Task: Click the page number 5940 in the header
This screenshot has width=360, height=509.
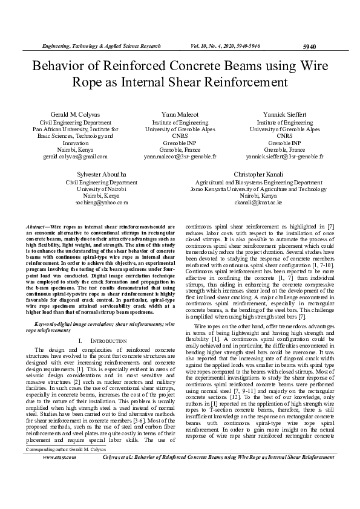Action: (x=309, y=46)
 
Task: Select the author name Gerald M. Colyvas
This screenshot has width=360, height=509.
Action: (x=75, y=114)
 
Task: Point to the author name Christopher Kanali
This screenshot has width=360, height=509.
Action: (x=258, y=175)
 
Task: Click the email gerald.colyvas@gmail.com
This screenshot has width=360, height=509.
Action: (x=75, y=156)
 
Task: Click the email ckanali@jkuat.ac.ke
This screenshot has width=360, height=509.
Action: (x=258, y=203)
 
